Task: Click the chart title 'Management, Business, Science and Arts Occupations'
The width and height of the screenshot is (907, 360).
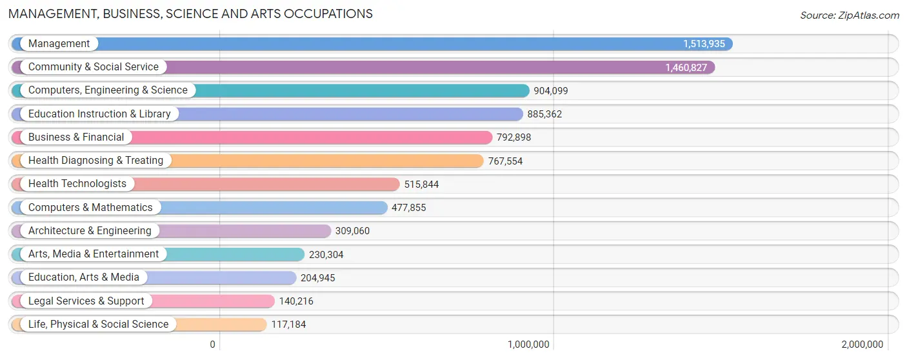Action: [x=190, y=14]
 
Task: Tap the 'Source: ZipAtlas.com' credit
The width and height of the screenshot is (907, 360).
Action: [x=849, y=15]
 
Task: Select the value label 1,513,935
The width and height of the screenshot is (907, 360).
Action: [x=704, y=44]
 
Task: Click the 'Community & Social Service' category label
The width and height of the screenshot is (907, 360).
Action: [x=93, y=67]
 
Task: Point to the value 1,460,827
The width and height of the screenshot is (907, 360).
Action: [x=686, y=67]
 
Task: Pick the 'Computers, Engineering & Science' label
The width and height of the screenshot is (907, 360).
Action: [x=108, y=90]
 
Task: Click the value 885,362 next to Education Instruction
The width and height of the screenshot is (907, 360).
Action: [x=544, y=114]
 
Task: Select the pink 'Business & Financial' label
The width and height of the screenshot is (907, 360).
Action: [x=76, y=137]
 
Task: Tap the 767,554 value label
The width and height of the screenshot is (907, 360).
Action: [x=505, y=161]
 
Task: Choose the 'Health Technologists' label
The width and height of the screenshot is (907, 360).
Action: [x=77, y=184]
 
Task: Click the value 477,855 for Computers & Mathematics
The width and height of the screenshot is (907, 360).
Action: [x=408, y=208]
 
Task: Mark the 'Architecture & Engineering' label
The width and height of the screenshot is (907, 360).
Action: [x=90, y=231]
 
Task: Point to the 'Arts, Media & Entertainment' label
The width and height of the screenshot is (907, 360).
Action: [x=94, y=254]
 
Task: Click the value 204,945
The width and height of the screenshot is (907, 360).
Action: [x=317, y=278]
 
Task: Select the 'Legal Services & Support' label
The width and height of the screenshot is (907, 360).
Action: [x=86, y=301]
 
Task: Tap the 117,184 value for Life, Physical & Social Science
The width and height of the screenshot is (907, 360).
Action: [x=288, y=325]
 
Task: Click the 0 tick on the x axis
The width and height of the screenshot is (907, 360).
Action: [x=212, y=345]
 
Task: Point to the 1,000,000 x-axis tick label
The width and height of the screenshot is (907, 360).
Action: [x=528, y=345]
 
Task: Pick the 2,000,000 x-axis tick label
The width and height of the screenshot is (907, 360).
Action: [x=862, y=345]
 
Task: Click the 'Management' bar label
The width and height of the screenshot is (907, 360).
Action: [x=59, y=44]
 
